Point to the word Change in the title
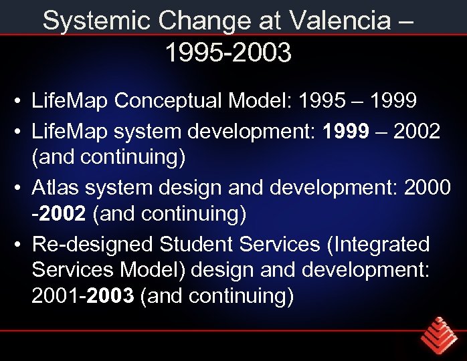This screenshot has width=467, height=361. pyautogui.click(x=199, y=21)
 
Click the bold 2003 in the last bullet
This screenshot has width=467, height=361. pyautogui.click(x=110, y=295)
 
